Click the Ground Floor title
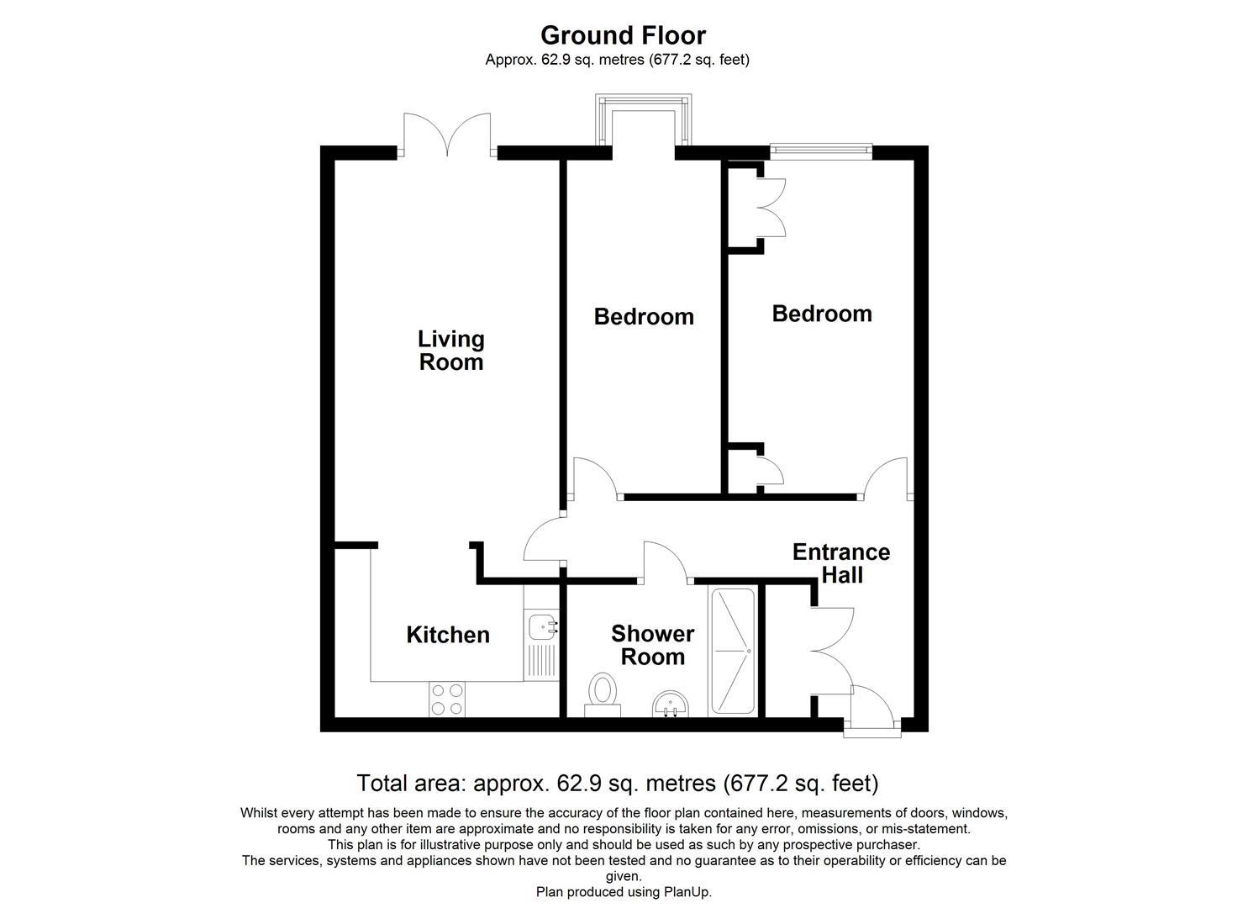[x=623, y=35]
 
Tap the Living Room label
[x=451, y=351]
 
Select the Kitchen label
[x=448, y=635]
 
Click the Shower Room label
[x=652, y=645]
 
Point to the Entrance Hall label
[x=841, y=563]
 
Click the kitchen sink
[x=542, y=627]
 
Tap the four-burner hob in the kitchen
[x=447, y=699]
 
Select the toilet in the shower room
[x=602, y=694]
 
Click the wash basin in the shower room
[x=671, y=704]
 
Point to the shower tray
[x=734, y=652]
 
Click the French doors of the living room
[x=447, y=135]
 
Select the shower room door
[x=666, y=562]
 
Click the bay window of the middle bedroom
[x=644, y=118]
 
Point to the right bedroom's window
[x=820, y=150]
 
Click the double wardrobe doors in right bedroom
[x=771, y=207]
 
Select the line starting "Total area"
[x=618, y=784]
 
